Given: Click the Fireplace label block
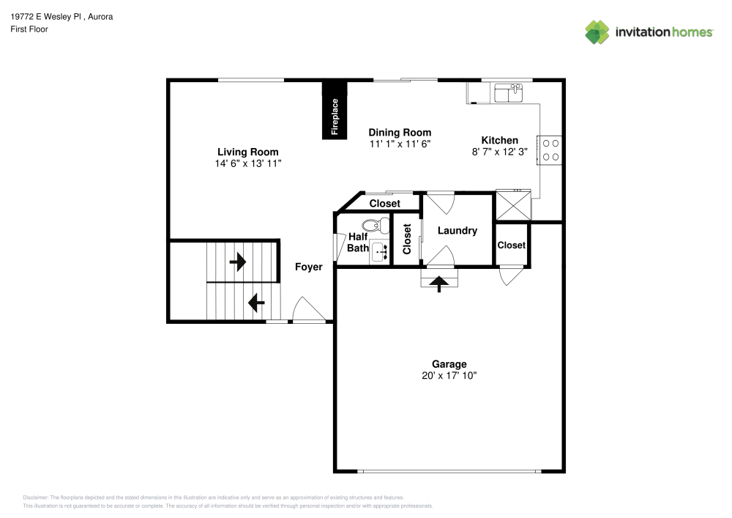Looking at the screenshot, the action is [335, 111].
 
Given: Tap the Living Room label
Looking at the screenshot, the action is [248, 152].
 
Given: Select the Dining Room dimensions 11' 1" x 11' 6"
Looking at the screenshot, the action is [400, 144].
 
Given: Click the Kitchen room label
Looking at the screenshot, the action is [499, 140].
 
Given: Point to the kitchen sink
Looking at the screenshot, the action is [509, 92].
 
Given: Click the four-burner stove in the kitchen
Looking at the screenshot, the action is [549, 150].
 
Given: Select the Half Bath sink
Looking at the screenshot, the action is [379, 252].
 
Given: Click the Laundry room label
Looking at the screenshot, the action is [457, 230].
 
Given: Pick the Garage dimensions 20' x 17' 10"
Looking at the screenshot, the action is [449, 376].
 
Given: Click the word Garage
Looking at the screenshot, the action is [449, 364].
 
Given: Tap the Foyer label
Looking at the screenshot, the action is [309, 267].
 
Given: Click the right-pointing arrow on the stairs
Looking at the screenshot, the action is [238, 262].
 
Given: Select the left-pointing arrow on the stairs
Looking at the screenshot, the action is [256, 303].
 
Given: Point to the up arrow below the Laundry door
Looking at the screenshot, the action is [438, 284].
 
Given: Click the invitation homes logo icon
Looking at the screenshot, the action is [597, 32].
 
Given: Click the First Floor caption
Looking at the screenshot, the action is [29, 29].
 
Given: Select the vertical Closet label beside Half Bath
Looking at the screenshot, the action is [406, 239].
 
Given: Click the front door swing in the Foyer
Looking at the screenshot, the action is [308, 309].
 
